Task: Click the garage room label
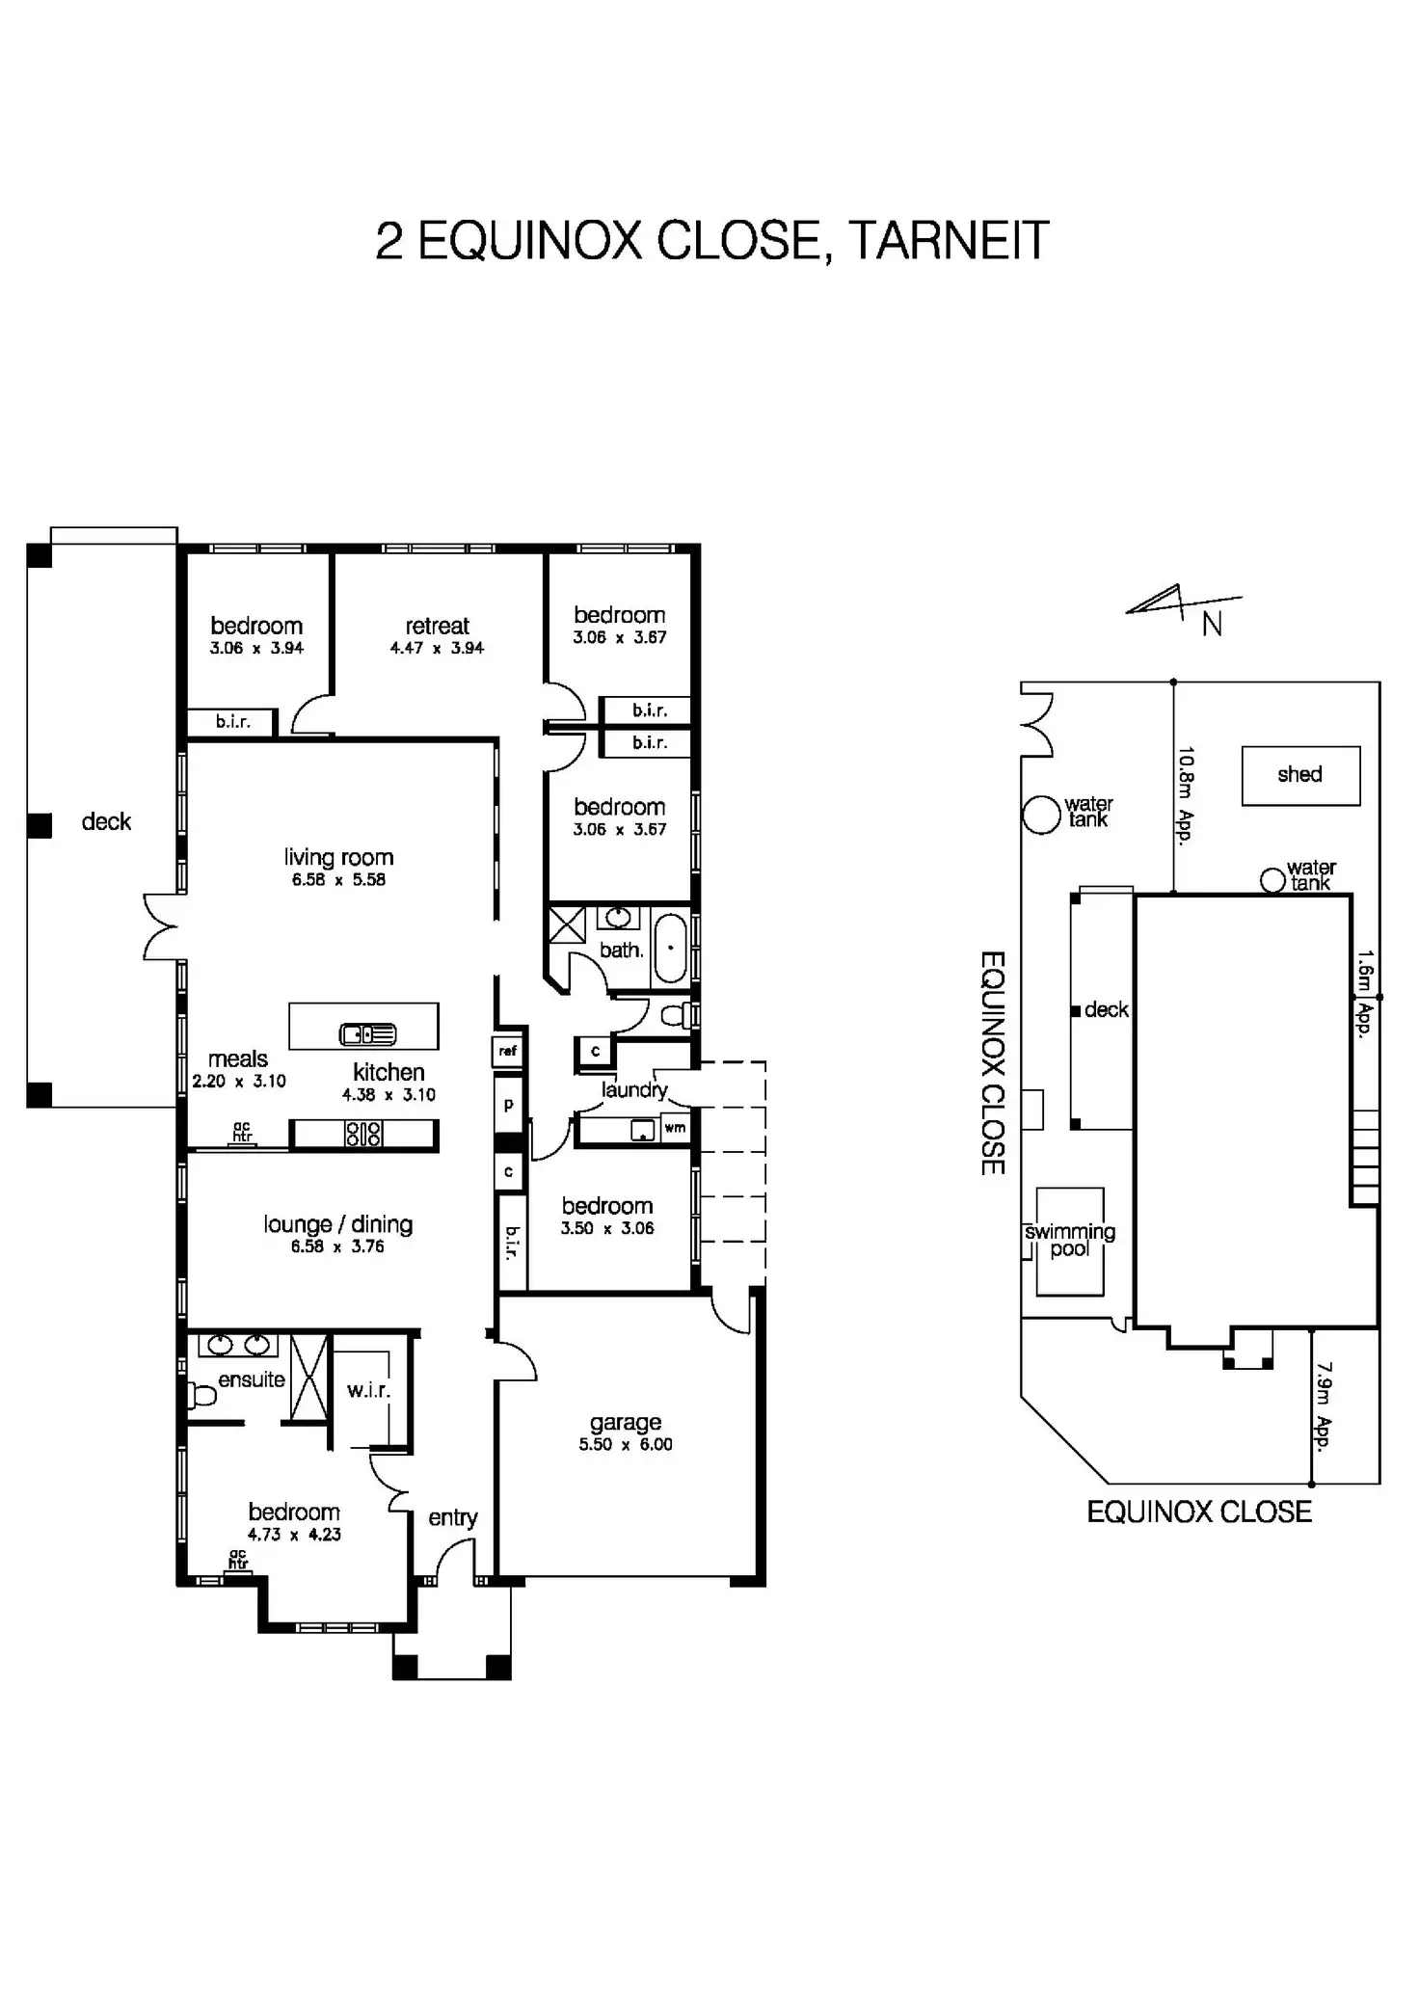tap(626, 1422)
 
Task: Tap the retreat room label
tap(437, 626)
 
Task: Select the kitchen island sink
tap(367, 1034)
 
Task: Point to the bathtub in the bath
tap(670, 949)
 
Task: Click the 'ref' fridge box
tap(508, 1051)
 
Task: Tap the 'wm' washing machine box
tap(675, 1128)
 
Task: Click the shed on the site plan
tap(1299, 775)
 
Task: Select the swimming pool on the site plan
tap(1069, 1241)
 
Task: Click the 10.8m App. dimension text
tap(1186, 794)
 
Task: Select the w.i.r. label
tap(368, 1391)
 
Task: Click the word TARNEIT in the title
tap(949, 241)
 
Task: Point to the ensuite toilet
tap(201, 1395)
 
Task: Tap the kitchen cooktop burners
tap(363, 1135)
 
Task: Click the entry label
tap(452, 1517)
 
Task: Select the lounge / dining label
tap(337, 1224)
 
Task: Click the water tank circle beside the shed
tap(1272, 879)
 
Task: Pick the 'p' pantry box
tap(508, 1106)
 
